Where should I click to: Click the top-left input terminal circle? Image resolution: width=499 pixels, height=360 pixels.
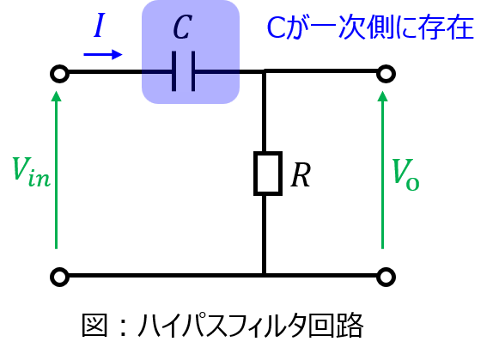(59, 74)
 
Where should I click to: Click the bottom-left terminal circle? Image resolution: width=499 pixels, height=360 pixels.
(59, 277)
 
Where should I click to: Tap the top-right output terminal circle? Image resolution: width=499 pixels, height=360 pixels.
(386, 74)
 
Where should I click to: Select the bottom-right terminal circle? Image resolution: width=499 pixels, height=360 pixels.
(386, 277)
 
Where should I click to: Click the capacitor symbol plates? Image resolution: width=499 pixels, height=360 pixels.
(183, 71)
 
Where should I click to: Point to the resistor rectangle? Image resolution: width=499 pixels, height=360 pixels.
(268, 174)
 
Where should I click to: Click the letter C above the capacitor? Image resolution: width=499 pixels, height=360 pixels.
(182, 27)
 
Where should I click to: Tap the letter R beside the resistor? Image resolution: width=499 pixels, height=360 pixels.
(301, 174)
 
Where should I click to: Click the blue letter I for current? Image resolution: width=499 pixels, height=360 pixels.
(100, 25)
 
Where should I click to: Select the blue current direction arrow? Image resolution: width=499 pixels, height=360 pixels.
(103, 54)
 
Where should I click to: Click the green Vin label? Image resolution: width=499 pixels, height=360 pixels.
(31, 171)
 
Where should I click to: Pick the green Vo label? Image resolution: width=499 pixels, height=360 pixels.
(405, 174)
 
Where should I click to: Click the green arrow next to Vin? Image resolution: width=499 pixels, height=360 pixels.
(57, 169)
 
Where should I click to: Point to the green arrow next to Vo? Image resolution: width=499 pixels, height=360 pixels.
(382, 169)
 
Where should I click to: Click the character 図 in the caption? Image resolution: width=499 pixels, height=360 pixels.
(94, 325)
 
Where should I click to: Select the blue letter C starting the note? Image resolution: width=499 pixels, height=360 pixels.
(277, 27)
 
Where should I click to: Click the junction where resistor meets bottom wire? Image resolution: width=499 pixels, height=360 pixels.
(265, 275)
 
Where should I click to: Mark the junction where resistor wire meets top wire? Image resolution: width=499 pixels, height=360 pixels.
(265, 71)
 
